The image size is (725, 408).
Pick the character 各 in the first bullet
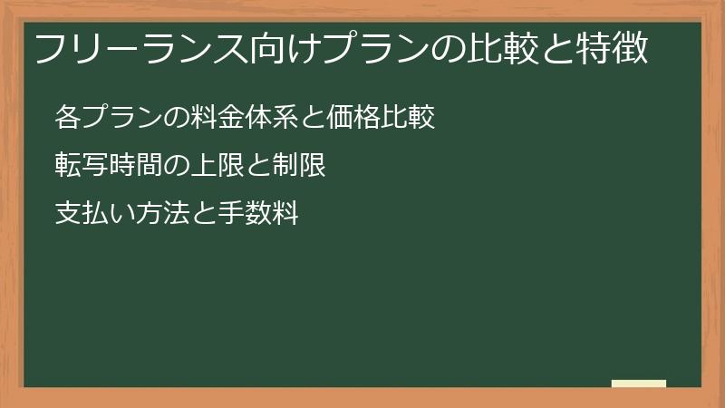(68, 118)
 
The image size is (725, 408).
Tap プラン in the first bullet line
(121, 118)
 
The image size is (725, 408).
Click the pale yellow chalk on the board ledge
(638, 384)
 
